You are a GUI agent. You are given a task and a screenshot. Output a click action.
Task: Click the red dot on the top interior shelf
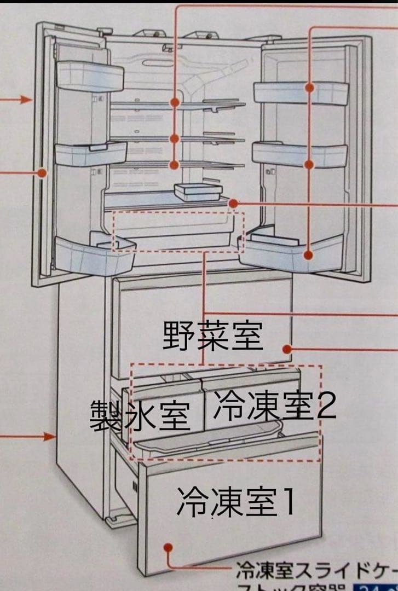pos(175,102)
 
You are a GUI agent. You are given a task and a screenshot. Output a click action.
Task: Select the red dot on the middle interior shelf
pos(175,138)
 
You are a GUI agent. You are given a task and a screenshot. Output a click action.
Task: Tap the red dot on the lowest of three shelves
pos(175,164)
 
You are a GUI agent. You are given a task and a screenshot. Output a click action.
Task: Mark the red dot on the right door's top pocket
pos(310,88)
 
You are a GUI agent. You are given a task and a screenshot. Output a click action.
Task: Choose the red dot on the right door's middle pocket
pos(310,164)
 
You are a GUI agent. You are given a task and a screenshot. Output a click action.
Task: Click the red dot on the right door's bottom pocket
pos(310,254)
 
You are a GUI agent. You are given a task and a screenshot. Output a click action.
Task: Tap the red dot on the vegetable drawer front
pos(286,348)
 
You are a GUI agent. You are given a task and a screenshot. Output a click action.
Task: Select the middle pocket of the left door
pos(90,153)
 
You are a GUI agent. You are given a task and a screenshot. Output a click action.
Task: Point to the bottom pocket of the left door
pos(93,253)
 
